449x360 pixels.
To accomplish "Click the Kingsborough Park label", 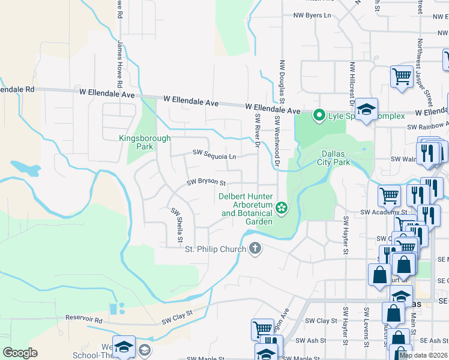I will tap(144, 142).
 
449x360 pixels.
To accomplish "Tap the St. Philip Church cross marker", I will tap(255, 248).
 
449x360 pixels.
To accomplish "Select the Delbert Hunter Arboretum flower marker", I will tap(280, 208).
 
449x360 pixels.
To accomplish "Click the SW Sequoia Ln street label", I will tap(214, 155).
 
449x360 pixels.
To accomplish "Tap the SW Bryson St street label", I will tap(206, 182).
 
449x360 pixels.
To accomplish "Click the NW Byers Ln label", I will tap(312, 16).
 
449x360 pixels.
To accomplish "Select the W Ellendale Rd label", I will tap(18, 89).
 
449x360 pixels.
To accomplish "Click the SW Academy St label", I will tap(384, 212).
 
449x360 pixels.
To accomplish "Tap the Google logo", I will tap(20, 352).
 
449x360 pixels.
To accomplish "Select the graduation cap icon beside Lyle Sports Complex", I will tap(366, 109).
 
